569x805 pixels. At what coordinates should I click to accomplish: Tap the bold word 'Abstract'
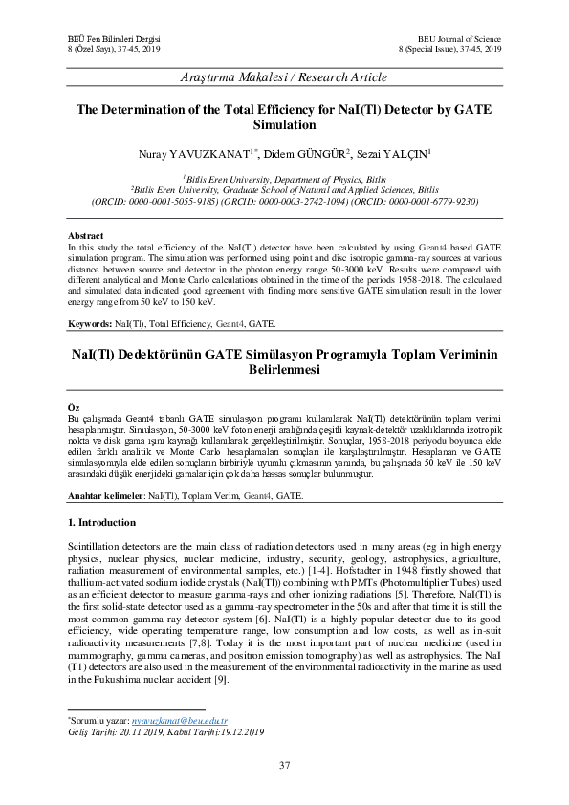tap(86, 235)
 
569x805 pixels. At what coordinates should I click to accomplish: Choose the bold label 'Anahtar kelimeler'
tap(102, 496)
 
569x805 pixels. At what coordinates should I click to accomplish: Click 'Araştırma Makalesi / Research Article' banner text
tap(284, 76)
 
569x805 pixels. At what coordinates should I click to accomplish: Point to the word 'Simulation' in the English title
tap(284, 125)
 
